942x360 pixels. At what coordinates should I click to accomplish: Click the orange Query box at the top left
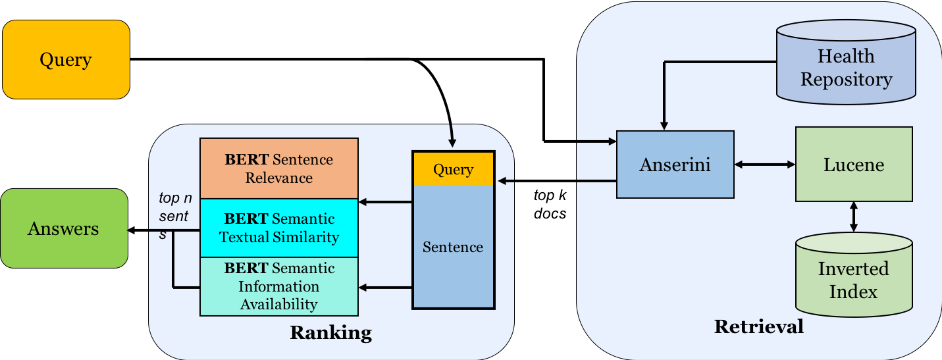[66, 59]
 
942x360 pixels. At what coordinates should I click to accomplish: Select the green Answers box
[64, 228]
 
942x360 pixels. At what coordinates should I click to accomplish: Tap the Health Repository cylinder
[846, 62]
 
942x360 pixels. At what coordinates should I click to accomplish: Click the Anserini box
[675, 165]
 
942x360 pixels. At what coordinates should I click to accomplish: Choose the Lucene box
[854, 164]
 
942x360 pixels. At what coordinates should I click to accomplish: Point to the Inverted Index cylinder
[854, 274]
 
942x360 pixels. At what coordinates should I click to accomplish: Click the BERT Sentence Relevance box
[279, 168]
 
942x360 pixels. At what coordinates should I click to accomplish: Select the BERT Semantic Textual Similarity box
[279, 228]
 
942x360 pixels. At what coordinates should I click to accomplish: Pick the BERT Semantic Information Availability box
[279, 286]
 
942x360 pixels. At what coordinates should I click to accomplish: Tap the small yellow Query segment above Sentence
[454, 169]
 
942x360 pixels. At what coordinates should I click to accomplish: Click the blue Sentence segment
[454, 246]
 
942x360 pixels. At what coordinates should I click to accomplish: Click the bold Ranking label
[331, 332]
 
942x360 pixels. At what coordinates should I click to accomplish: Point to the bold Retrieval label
[758, 326]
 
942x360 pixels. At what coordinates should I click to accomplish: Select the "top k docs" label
[550, 205]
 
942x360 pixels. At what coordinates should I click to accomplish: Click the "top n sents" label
[175, 215]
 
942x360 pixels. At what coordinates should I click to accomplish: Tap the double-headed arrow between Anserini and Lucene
[765, 165]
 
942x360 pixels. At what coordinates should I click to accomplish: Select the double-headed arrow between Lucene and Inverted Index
[854, 217]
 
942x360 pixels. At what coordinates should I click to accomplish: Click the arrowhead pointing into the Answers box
[131, 230]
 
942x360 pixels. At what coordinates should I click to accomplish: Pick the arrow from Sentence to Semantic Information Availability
[385, 288]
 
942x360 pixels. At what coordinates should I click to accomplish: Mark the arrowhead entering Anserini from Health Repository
[664, 126]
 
